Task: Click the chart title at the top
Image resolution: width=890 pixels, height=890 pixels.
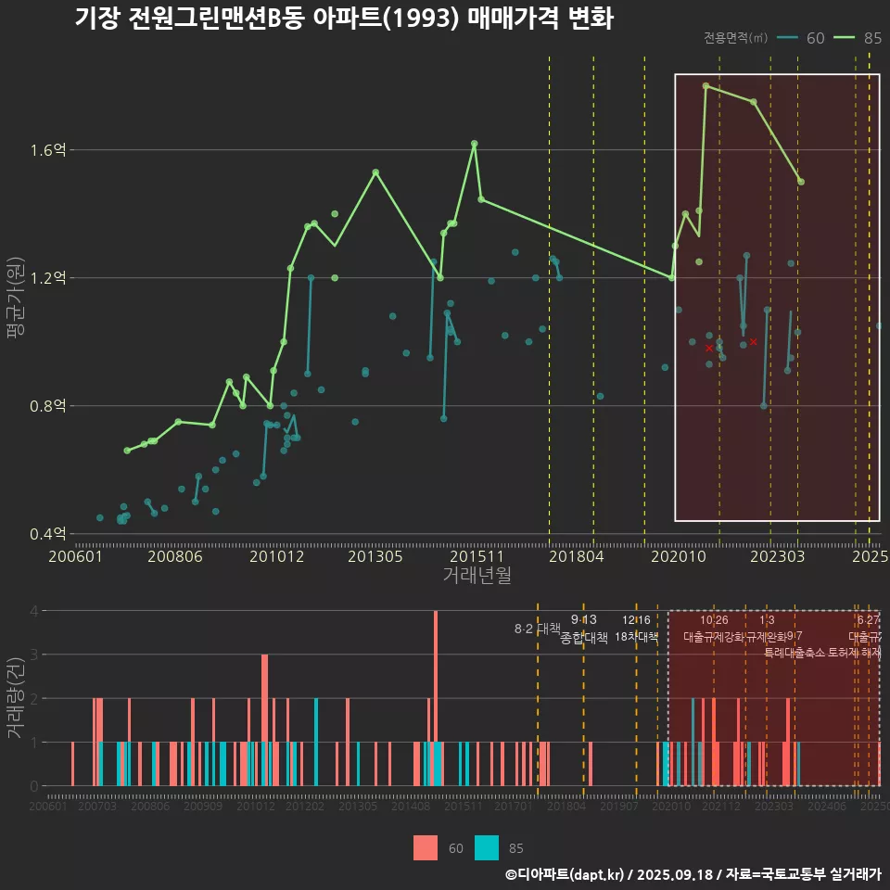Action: click(x=343, y=19)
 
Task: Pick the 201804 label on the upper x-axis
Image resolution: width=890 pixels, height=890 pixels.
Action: click(x=575, y=557)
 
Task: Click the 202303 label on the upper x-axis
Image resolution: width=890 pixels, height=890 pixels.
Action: click(x=775, y=557)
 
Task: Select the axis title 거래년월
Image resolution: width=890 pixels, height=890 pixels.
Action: click(x=477, y=576)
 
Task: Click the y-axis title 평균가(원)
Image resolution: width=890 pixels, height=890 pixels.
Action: click(x=16, y=301)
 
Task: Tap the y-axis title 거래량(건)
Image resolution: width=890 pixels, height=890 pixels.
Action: click(x=16, y=697)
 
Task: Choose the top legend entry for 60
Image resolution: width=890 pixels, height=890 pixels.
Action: click(x=803, y=38)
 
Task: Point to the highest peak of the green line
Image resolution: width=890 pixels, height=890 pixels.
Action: click(x=706, y=85)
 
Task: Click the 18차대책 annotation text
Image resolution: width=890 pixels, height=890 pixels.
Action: click(x=636, y=637)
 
